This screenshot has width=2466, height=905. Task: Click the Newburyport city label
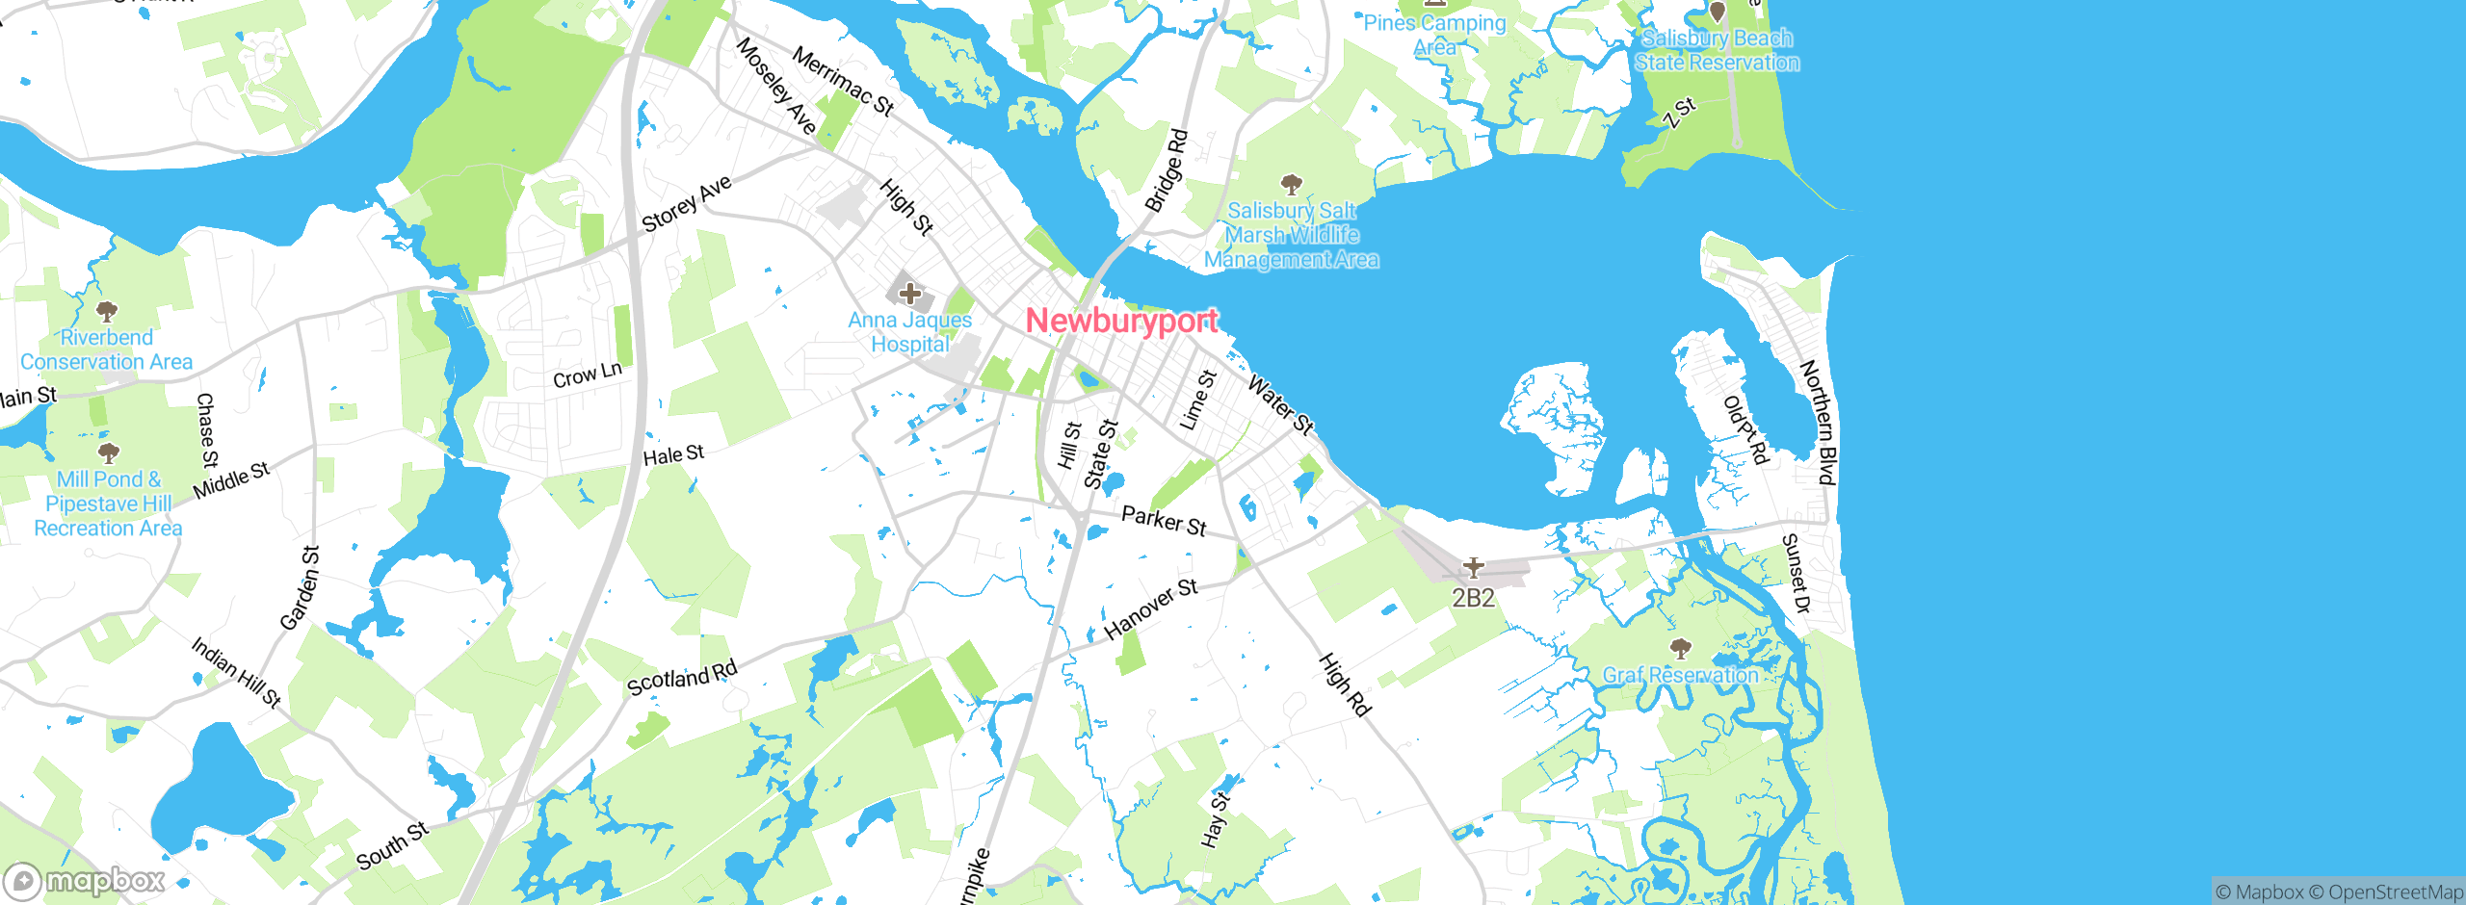[1121, 321]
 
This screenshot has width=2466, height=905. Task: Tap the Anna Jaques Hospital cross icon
[909, 293]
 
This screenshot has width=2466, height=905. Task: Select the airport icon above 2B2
[1473, 567]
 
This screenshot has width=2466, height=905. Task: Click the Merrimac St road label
[843, 81]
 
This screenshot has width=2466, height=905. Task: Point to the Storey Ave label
[687, 203]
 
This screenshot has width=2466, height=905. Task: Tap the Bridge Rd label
[1167, 170]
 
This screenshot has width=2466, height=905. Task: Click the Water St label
[1280, 404]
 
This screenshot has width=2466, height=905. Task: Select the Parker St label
[1164, 521]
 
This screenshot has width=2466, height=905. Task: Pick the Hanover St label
[1151, 608]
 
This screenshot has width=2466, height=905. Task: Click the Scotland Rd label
[682, 678]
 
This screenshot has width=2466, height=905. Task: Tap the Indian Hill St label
[236, 672]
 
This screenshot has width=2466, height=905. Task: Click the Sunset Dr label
[1797, 574]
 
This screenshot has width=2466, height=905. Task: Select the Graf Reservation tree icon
[1680, 648]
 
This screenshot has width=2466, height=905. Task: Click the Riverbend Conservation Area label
[107, 349]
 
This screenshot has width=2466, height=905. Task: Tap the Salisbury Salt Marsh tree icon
[1291, 184]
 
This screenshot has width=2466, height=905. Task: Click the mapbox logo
[85, 881]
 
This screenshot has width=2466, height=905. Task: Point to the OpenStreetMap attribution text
[2395, 892]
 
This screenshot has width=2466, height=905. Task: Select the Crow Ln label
[588, 375]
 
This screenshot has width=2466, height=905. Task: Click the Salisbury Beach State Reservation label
[1717, 50]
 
